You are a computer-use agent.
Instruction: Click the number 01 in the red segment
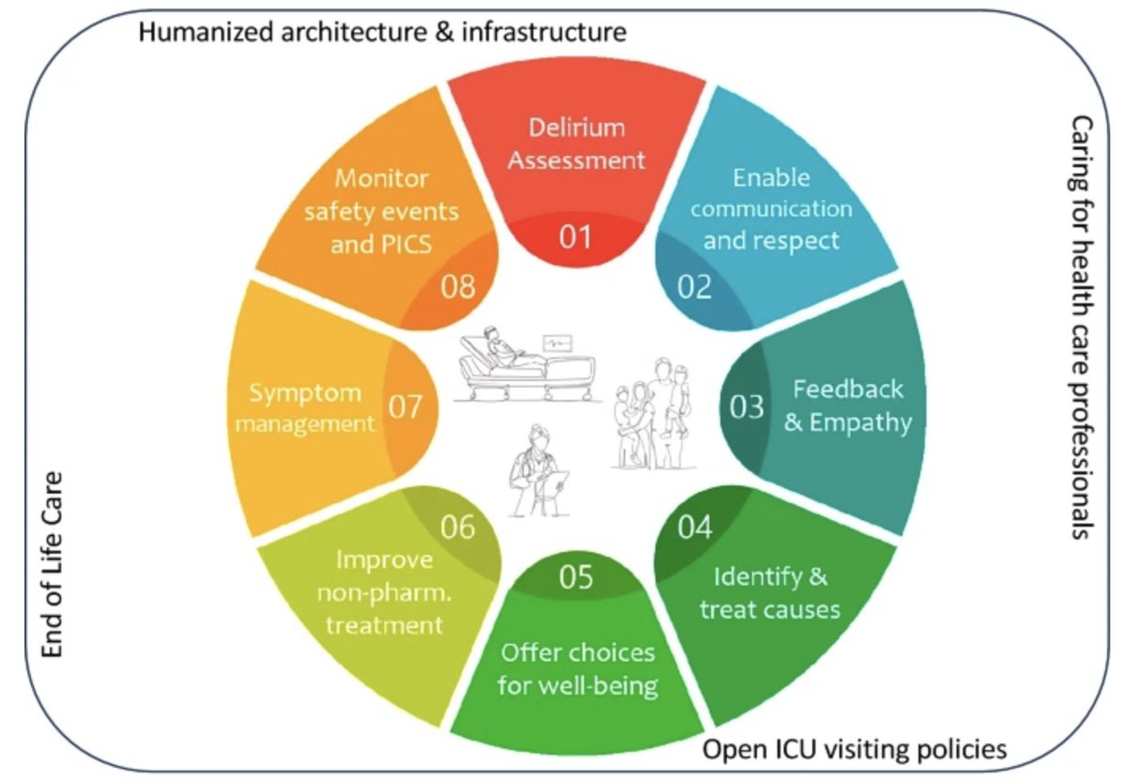(576, 237)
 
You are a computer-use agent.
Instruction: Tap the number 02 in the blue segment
(696, 286)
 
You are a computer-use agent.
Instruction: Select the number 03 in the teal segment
(748, 408)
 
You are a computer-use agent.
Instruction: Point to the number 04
(695, 528)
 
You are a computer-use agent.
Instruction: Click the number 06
(457, 528)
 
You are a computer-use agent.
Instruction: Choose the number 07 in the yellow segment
(407, 408)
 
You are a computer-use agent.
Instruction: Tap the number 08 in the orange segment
(458, 286)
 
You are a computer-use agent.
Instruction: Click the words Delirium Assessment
(576, 143)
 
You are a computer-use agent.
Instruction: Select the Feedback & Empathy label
(847, 406)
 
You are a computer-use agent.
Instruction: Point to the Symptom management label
(304, 406)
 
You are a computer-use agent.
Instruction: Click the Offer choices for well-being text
(577, 668)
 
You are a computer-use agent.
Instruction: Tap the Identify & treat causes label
(770, 591)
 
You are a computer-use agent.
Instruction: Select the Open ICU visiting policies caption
(855, 749)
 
